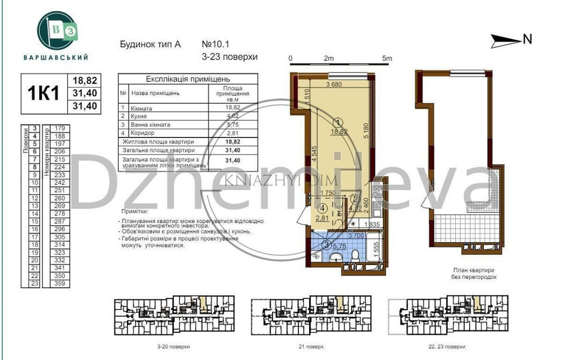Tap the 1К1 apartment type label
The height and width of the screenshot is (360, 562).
[43, 93]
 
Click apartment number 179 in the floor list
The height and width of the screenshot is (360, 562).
[61, 129]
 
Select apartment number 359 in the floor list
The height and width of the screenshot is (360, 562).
[61, 284]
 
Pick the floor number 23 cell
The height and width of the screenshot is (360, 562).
[34, 284]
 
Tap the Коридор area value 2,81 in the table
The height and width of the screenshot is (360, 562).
[233, 133]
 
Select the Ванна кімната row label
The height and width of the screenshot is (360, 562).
[150, 125]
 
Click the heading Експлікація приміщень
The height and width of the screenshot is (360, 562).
[188, 79]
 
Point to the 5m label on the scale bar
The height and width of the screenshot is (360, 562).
[386, 58]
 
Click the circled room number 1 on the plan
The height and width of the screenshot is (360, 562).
[338, 122]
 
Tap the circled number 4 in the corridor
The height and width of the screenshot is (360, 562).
[323, 207]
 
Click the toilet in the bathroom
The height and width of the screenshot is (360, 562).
[355, 256]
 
